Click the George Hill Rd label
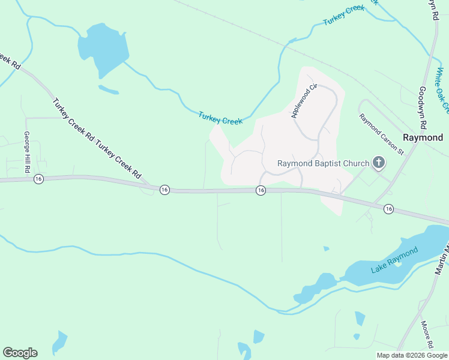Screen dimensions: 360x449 27,153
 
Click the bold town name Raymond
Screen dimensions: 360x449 423,137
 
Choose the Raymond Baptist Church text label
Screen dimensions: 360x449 323,163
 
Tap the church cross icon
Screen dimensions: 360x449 379,163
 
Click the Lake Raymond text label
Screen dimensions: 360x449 394,262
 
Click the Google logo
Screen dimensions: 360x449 20,353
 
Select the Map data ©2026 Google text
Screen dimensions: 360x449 412,355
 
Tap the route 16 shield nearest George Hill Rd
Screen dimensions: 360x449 38,179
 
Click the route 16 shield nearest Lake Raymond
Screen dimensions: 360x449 388,209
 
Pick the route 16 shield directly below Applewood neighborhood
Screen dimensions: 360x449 261,190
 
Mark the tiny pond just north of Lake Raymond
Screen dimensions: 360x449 326,248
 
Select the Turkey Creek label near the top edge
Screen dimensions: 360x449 344,16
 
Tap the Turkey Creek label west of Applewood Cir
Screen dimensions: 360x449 220,118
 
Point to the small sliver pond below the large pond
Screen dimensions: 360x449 109,90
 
